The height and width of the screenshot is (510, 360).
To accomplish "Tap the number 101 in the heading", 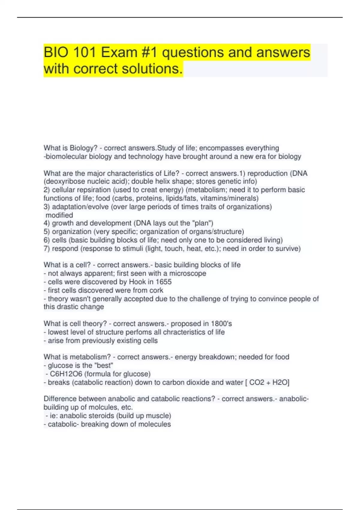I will tap(84, 52).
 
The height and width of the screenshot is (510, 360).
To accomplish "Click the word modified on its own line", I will tap(59, 215).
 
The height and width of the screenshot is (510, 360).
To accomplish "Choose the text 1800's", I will tap(221, 324).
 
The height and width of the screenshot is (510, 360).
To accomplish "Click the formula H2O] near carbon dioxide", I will tap(281, 382).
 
